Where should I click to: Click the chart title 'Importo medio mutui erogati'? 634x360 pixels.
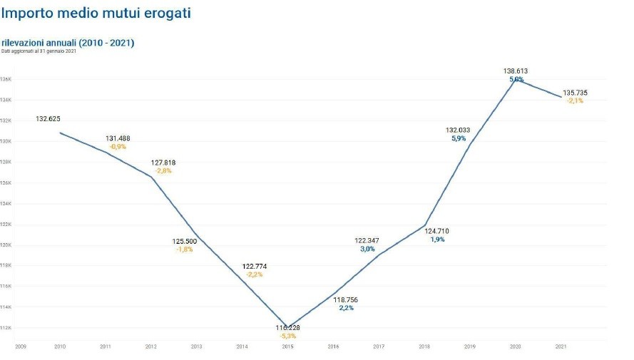tap(96, 13)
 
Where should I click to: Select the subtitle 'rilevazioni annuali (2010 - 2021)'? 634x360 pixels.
tap(68, 43)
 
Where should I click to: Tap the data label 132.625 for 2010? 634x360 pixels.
tap(48, 118)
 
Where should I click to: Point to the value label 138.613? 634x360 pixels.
tap(515, 71)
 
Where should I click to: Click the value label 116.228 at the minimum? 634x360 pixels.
tap(287, 328)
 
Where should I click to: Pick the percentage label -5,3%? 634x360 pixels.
tap(287, 336)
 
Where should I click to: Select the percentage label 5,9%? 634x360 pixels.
tap(459, 138)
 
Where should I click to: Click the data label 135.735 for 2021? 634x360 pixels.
tap(575, 93)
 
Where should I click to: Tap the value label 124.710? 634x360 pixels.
tap(437, 231)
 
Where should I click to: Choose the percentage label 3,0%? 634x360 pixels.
tap(367, 249)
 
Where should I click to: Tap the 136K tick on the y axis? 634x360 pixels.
tap(6, 79)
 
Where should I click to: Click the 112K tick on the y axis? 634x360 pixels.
tap(6, 328)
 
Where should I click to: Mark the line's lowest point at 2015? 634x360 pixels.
tap(287, 325)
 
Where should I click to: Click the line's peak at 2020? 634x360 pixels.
tap(515, 81)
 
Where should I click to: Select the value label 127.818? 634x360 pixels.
tap(163, 163)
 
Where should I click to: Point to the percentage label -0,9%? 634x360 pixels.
tap(118, 146)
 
